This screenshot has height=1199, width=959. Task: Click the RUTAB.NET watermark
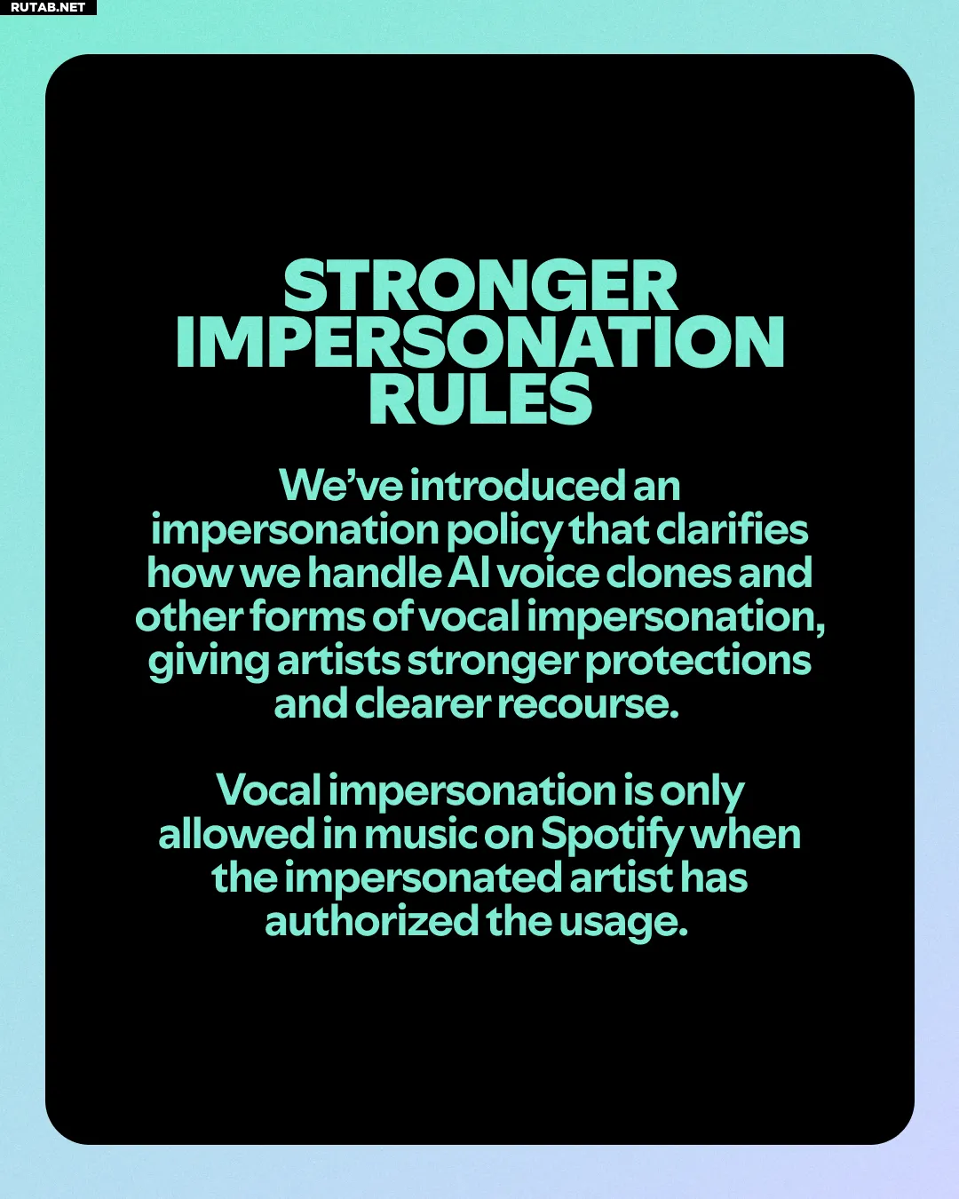coord(48,7)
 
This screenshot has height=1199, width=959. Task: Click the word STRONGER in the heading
coord(480,285)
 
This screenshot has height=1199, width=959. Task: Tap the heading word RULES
coord(480,398)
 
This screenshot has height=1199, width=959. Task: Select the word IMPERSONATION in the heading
coord(480,341)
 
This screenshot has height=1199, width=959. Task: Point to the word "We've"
coord(341,485)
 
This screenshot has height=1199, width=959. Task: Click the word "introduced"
coord(518,485)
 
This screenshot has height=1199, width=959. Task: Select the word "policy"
coord(504,530)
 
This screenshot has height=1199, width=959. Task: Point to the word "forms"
coord(307,616)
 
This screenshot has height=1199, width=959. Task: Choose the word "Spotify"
coord(612,836)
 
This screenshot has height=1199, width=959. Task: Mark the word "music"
coord(421,835)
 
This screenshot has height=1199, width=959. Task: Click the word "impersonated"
coord(426,880)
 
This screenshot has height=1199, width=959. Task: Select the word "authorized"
coord(372,922)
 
